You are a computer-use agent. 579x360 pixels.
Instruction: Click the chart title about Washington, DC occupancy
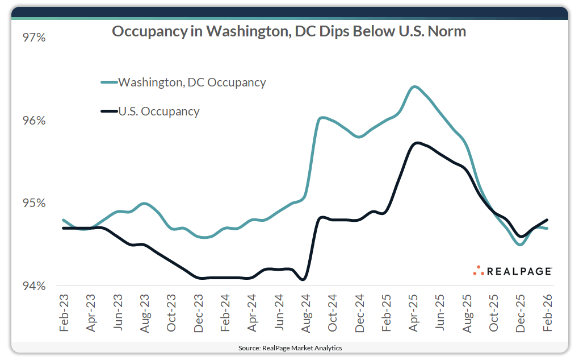point(288,31)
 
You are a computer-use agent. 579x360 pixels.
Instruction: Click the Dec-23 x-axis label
point(198,313)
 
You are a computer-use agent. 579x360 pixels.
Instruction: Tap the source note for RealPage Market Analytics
point(289,347)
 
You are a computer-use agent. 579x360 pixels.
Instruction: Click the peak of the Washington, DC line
point(414,87)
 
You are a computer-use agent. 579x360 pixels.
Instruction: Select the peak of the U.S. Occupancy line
point(417,143)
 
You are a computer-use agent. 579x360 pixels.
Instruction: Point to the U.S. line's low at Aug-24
point(304,279)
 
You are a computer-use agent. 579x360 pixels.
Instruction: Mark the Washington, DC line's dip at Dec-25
point(520,245)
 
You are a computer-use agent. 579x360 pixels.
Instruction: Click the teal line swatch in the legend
point(108,82)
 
